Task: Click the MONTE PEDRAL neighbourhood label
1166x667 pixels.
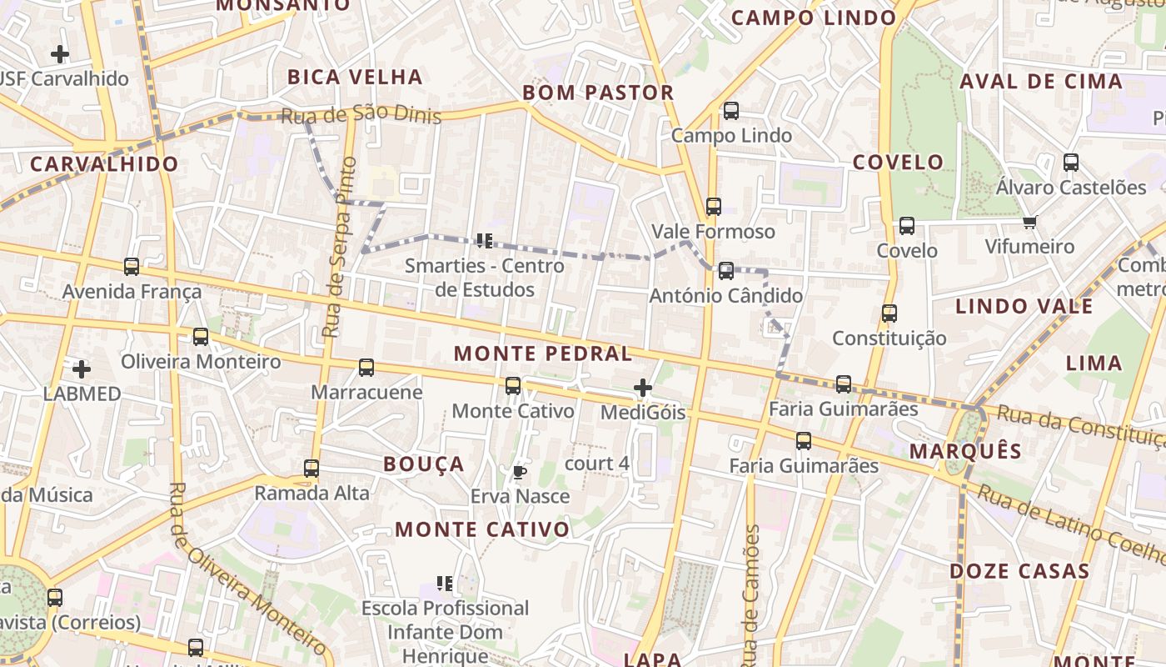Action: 542,354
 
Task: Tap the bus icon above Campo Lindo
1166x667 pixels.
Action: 731,110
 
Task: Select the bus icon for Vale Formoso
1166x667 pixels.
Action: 713,207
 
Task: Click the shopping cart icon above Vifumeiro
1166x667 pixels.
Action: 1029,222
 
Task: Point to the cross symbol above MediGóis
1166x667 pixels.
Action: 642,388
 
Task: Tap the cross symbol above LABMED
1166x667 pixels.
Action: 81,369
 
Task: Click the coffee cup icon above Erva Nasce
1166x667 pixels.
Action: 520,473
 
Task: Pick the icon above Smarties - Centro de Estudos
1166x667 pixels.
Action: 485,241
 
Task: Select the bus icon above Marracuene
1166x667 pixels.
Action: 366,368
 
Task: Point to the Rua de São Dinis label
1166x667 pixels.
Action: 361,115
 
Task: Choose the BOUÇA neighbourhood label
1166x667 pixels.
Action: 423,464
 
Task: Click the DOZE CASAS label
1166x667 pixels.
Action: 1019,571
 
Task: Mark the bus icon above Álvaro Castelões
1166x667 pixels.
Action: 1071,163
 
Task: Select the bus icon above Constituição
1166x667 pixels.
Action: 889,313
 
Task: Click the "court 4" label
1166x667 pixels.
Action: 596,464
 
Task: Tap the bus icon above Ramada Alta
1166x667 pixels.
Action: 311,469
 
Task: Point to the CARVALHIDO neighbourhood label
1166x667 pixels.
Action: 104,163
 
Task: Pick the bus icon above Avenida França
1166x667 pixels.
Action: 132,267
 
